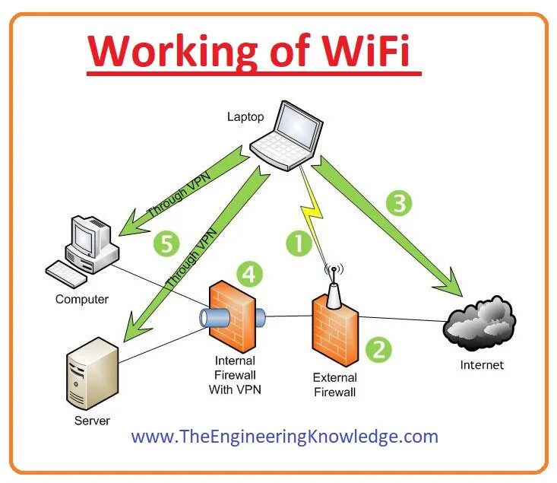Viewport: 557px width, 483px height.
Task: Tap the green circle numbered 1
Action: pyautogui.click(x=299, y=243)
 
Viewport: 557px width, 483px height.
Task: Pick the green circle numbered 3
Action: pyautogui.click(x=399, y=203)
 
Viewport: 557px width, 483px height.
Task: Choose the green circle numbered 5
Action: pyautogui.click(x=166, y=243)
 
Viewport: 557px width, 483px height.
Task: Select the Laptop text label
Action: pyautogui.click(x=245, y=116)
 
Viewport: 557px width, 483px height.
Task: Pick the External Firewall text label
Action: pyautogui.click(x=334, y=385)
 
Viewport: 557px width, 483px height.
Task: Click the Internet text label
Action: pyautogui.click(x=482, y=365)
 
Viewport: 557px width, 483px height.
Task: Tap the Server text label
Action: pyautogui.click(x=92, y=421)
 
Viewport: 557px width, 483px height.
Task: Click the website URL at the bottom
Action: pyautogui.click(x=284, y=437)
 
